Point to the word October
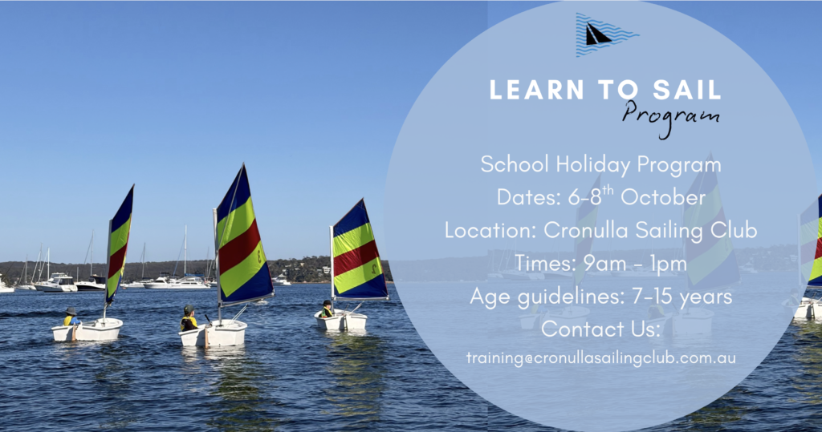point(663,197)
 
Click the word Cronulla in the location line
point(583,230)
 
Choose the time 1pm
point(671,264)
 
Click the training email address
point(600,358)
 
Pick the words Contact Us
point(600,329)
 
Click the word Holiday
point(593,165)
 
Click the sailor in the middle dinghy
point(189,318)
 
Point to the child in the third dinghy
point(327,309)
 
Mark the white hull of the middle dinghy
point(213,334)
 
